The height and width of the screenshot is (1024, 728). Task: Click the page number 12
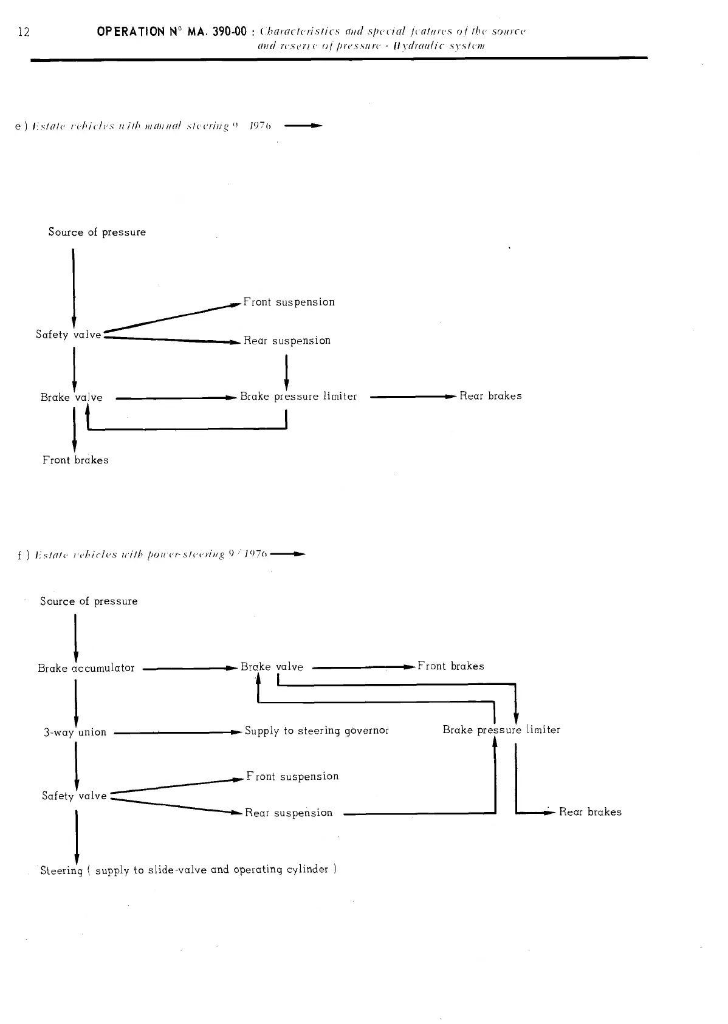tap(24, 32)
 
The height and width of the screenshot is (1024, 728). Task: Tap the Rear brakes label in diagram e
tap(490, 396)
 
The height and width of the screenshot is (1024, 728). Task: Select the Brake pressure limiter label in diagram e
tap(298, 397)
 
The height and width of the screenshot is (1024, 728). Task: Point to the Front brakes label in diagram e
tap(75, 460)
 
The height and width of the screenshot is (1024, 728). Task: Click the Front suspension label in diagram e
tap(289, 302)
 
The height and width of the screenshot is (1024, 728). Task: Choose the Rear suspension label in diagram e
tap(287, 341)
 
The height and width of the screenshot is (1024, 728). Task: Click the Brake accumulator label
tap(86, 668)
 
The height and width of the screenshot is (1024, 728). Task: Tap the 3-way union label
tap(75, 732)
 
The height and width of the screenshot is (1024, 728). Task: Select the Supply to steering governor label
tap(317, 731)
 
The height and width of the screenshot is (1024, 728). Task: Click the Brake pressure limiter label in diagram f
tap(501, 730)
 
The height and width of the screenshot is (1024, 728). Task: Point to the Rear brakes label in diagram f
tap(590, 812)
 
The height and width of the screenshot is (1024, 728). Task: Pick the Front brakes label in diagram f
tap(451, 666)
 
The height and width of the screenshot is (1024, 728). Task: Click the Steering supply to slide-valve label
tap(188, 870)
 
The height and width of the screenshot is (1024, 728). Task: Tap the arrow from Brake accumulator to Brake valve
tap(188, 669)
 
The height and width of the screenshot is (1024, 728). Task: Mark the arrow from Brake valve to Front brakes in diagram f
tap(363, 667)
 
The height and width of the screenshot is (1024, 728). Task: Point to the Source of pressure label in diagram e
tap(97, 232)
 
